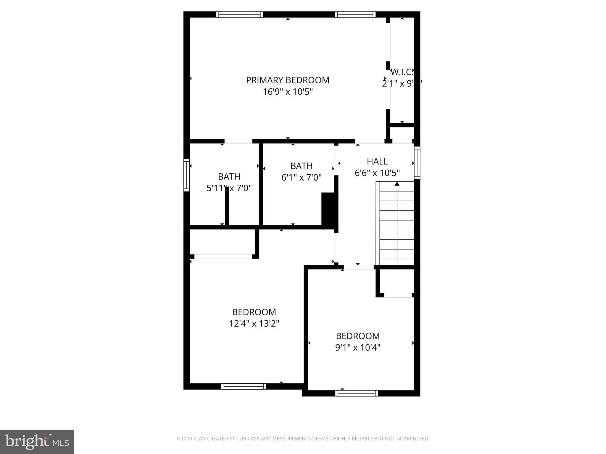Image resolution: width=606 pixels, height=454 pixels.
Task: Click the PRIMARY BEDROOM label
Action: [288, 80]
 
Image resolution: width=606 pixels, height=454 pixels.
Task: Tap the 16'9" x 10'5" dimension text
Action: [288, 92]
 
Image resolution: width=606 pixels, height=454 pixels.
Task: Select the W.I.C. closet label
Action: [402, 72]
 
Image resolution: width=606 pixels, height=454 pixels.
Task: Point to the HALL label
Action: [377, 161]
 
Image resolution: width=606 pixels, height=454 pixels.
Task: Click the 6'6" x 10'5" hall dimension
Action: [377, 173]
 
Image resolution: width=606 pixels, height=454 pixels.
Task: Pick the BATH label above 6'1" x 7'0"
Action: [301, 166]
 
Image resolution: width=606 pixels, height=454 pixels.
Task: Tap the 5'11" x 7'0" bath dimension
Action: [229, 188]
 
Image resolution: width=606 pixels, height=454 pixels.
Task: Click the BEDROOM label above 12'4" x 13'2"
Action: [254, 312]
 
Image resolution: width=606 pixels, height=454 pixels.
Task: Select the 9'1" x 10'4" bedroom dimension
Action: [358, 348]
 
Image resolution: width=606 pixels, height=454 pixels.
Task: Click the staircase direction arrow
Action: [397, 184]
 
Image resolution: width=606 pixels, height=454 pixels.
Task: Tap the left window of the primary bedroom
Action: [239, 14]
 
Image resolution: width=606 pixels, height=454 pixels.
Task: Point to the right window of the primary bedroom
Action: [355, 14]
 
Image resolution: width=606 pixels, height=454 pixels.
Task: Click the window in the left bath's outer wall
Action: [186, 175]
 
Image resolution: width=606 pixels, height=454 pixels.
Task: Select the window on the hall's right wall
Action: [417, 163]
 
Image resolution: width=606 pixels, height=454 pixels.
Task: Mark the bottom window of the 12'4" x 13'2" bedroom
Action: [244, 386]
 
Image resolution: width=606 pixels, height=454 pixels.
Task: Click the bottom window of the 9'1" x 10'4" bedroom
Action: [357, 393]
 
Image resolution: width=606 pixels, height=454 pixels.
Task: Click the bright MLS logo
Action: [37, 442]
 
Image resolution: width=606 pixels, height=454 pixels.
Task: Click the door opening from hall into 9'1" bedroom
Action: [359, 267]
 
